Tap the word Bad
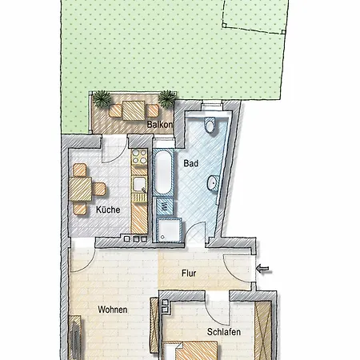tap(190, 162)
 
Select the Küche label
tap(108, 210)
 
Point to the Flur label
tap(189, 274)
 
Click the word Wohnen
tap(113, 309)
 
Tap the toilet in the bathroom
tap(210, 125)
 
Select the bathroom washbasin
tap(214, 183)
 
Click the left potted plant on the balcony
tap(102, 99)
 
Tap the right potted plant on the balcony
tap(167, 99)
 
